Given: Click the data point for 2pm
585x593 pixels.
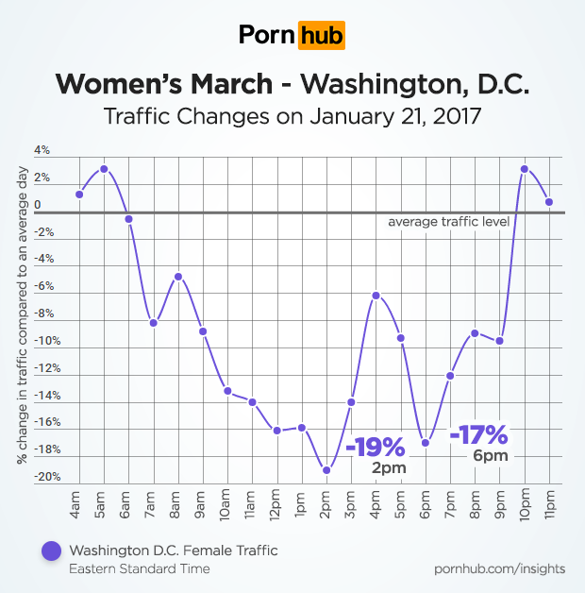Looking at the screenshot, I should [326, 469].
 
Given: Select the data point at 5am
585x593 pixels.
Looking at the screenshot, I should [104, 169].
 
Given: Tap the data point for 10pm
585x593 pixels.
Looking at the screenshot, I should [524, 169].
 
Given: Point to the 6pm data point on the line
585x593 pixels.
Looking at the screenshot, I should [426, 442].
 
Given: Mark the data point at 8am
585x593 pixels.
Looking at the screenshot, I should [177, 277].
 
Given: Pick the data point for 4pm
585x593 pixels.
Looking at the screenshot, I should [376, 296].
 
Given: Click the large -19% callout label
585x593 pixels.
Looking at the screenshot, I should [375, 446].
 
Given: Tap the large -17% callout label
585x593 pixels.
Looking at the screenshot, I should [478, 435].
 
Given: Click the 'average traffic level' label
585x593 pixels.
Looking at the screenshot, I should [449, 222].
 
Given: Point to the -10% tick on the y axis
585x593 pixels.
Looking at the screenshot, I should [48, 341].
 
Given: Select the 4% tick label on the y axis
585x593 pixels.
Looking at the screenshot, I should [42, 150].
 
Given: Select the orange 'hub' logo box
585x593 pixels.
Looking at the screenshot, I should [321, 36].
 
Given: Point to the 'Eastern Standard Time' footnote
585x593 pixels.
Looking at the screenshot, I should [140, 568].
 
